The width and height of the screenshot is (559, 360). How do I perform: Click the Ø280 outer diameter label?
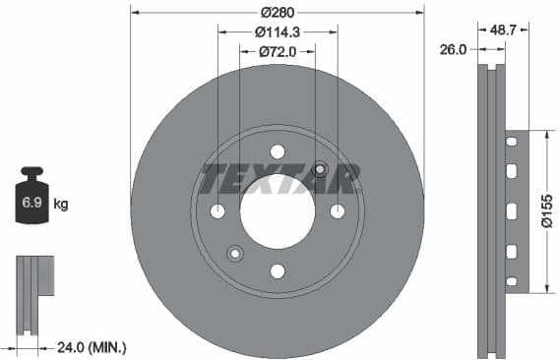point(278,13)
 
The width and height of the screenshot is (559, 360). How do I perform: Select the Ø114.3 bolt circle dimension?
point(277,31)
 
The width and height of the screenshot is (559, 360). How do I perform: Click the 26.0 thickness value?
point(453,48)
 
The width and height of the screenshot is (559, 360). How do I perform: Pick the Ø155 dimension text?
point(546,210)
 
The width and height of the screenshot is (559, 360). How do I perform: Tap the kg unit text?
point(61,205)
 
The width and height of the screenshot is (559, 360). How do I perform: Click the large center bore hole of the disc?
point(278,211)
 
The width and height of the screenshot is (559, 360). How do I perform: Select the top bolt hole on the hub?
point(278,151)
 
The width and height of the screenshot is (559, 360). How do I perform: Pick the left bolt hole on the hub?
point(217,211)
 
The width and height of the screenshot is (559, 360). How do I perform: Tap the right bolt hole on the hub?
point(338,211)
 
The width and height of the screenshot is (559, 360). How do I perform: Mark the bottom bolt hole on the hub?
point(278,271)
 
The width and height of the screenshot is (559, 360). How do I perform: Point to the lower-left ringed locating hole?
point(235,254)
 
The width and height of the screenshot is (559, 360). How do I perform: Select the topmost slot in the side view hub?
point(512,144)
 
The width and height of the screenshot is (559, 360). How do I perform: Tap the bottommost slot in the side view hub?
point(512,279)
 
